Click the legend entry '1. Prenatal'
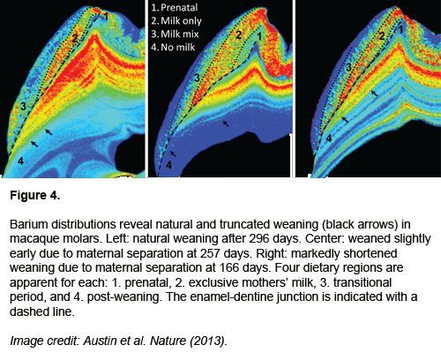pos(175,8)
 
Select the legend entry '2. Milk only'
pos(176,21)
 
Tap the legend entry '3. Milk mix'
pos(175,34)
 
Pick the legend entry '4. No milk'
pos(173,48)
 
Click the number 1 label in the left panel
pos(106,17)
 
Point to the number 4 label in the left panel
pos(20,161)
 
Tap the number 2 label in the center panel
pos(238,35)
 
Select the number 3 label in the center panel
pos(197,78)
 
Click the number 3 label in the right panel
pos(348,67)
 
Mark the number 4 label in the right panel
pos(329,138)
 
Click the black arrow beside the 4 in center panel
pos(173,154)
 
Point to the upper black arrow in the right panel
pos(374,94)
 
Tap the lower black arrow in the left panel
pos(34,144)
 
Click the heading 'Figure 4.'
pos(35,195)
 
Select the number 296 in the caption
pos(259,239)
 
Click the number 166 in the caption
pos(229,267)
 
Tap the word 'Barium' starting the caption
pos(29,224)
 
